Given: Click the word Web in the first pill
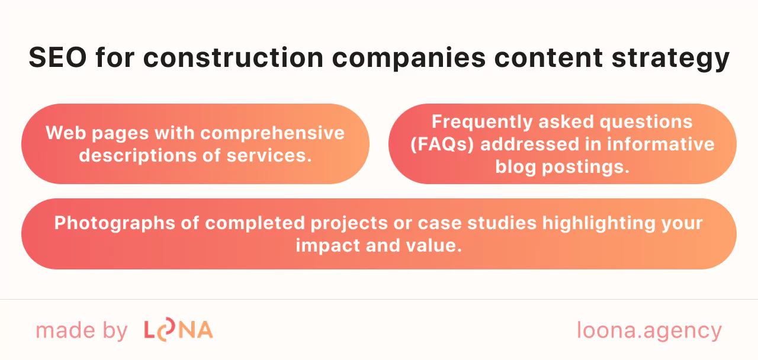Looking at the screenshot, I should (62, 133).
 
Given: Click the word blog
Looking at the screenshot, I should (516, 166).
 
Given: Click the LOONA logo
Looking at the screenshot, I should (178, 330).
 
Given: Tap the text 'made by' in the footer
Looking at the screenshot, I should (82, 330).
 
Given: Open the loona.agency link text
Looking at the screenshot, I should (649, 330).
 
